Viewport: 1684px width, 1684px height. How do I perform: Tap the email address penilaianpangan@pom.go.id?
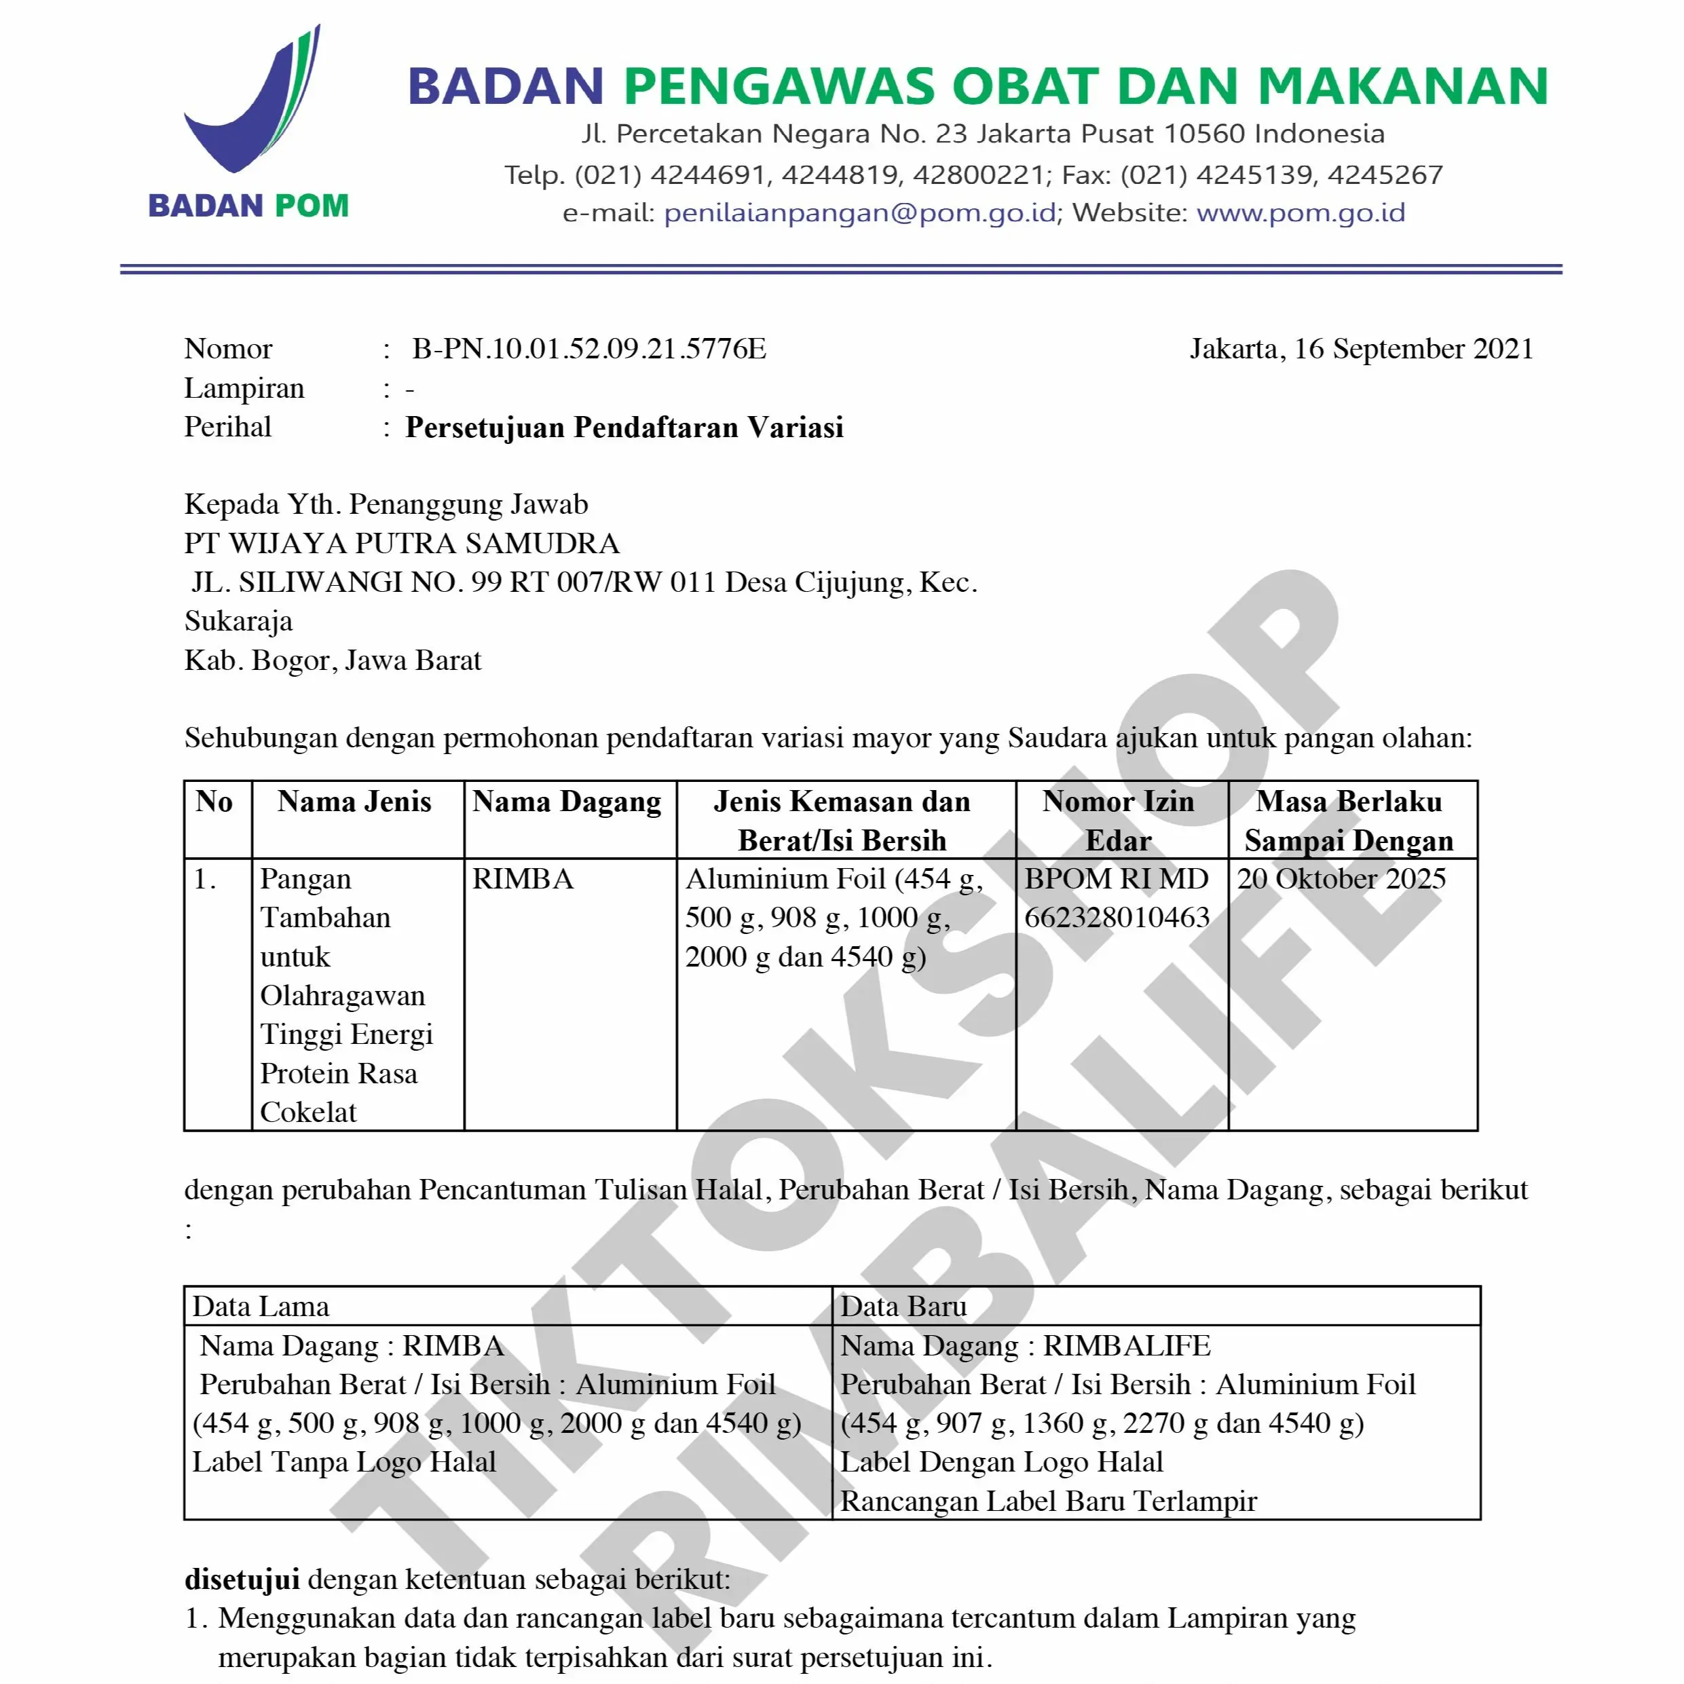[x=859, y=212]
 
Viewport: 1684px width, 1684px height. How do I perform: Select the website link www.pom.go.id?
[x=1301, y=212]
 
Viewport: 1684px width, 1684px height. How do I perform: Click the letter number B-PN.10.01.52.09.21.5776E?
[x=589, y=349]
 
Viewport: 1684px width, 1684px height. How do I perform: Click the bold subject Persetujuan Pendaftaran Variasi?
[x=624, y=427]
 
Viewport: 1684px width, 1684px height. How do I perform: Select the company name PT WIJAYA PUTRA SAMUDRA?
[x=402, y=543]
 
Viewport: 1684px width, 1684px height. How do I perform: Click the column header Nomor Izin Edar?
[x=1119, y=820]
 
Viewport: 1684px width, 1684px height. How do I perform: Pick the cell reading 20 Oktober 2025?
[x=1341, y=878]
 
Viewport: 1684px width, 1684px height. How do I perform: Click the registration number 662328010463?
[x=1117, y=917]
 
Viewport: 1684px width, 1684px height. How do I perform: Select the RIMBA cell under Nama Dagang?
[x=523, y=878]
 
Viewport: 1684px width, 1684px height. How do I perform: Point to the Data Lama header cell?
[x=261, y=1307]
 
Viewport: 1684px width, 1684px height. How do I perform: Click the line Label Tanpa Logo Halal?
[x=343, y=1462]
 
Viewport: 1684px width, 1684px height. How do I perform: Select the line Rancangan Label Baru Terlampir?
[x=1048, y=1501]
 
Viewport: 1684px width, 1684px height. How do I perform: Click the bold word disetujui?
[x=242, y=1579]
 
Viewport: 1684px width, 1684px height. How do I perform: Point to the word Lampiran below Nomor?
[x=244, y=388]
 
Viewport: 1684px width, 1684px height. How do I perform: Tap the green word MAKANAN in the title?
[x=1402, y=87]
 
